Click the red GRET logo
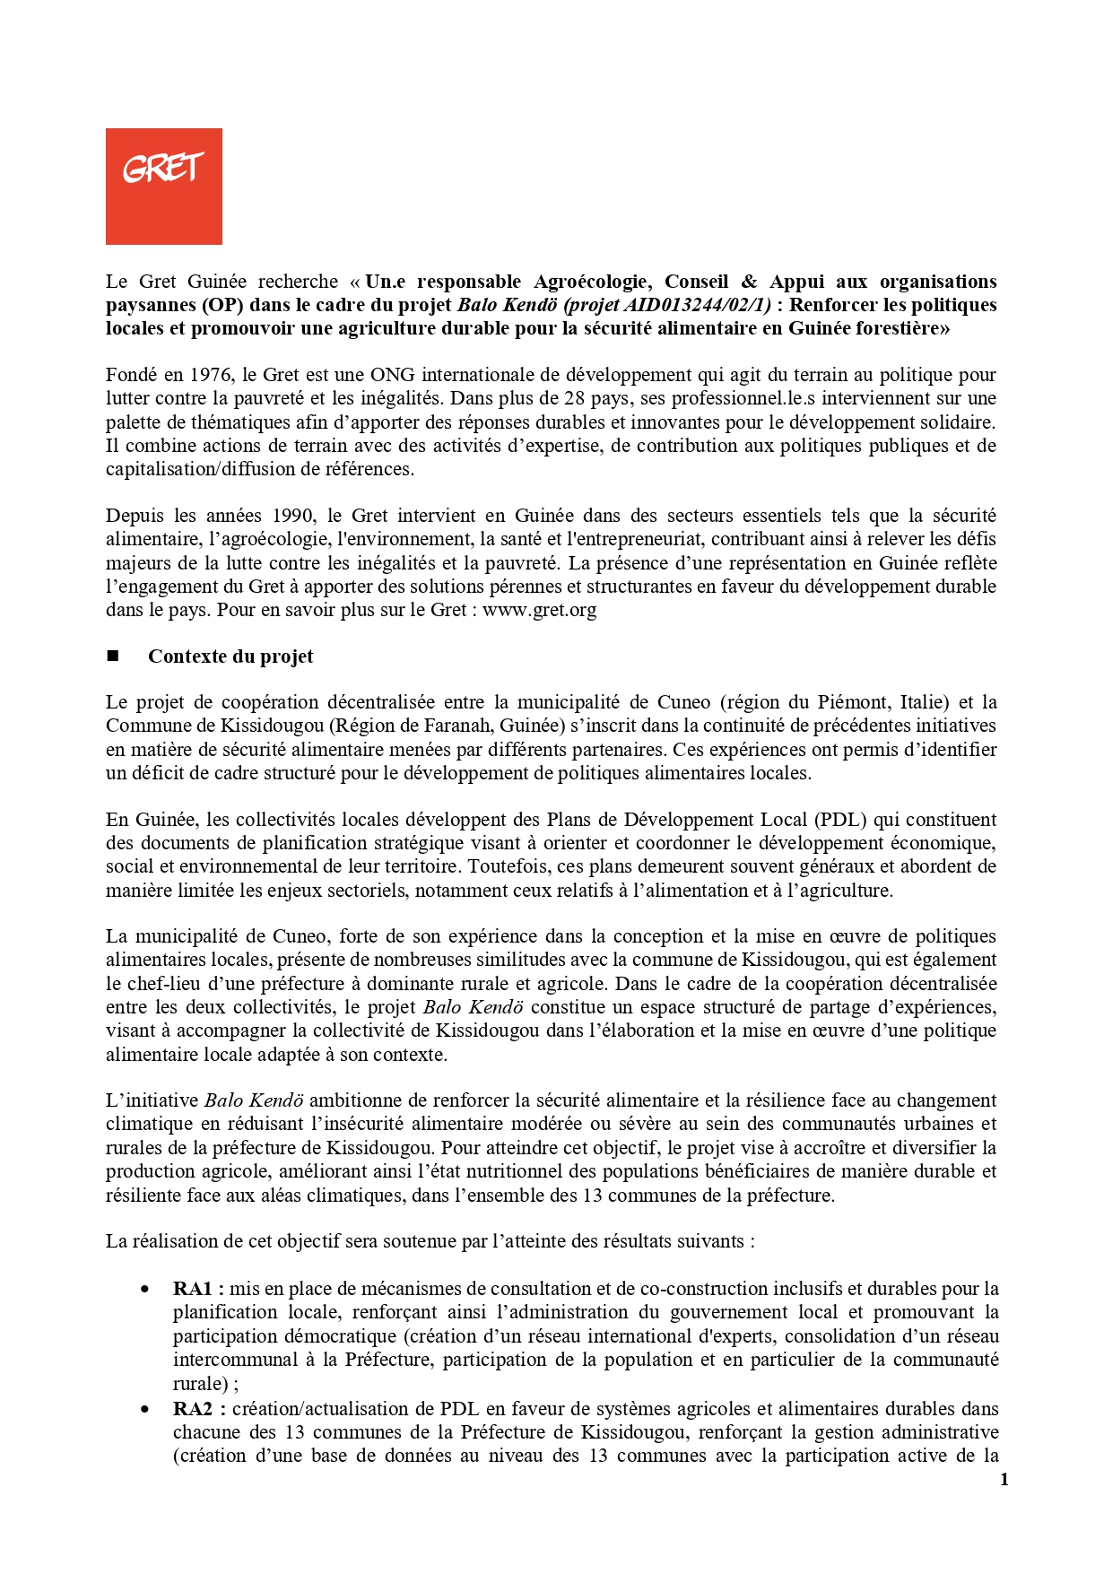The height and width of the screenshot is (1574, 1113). coord(163,186)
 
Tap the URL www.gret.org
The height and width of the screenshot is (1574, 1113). coord(539,611)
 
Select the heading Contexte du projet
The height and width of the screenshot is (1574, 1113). coord(230,657)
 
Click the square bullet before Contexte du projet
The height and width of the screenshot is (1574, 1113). coord(113,657)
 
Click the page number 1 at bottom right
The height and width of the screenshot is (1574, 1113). coord(1004,1480)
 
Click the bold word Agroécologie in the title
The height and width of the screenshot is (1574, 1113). coord(593,282)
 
